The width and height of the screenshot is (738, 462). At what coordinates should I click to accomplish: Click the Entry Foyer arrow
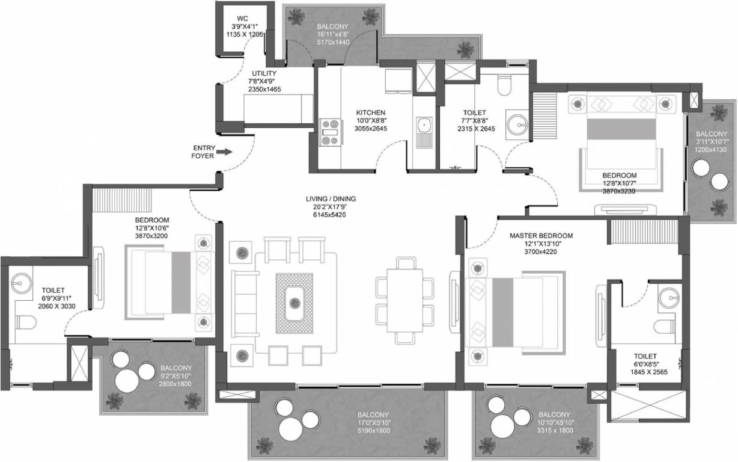[224, 152]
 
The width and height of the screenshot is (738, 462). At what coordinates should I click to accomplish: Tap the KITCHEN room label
[370, 112]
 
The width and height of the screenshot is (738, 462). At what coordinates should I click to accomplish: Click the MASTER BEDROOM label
[541, 235]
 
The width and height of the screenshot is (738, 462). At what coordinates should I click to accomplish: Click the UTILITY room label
[264, 73]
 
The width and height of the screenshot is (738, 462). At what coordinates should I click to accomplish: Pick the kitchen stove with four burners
[331, 132]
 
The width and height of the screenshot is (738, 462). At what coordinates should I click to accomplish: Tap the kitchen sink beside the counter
[423, 130]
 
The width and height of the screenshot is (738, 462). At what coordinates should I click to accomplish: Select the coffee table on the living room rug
[294, 303]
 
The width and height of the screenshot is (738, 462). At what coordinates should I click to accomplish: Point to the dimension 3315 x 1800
[554, 431]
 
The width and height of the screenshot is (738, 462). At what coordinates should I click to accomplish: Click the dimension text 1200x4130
[712, 150]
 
